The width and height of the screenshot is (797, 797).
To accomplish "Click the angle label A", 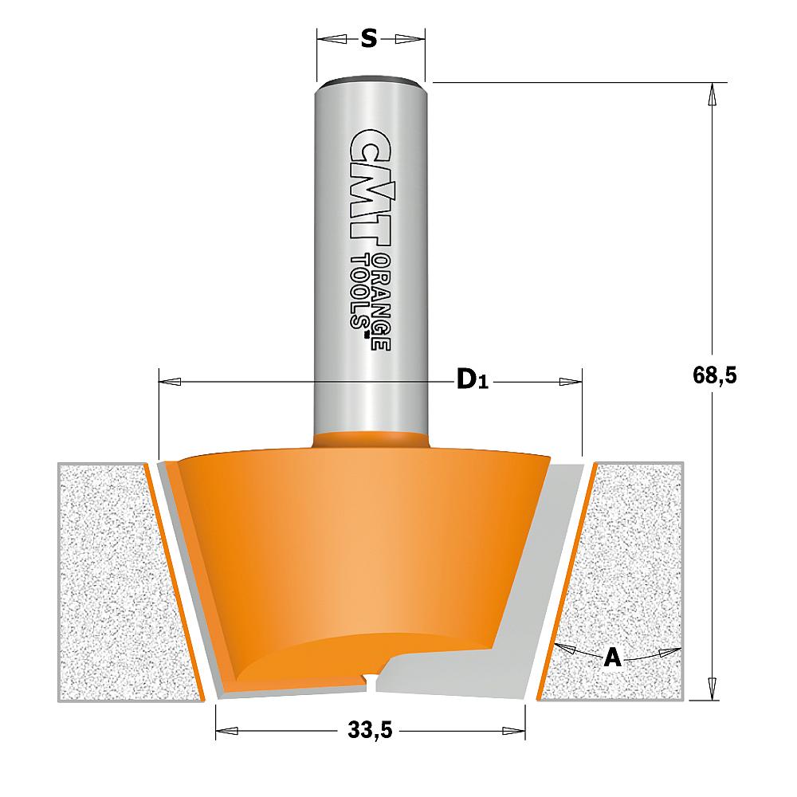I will [612, 658].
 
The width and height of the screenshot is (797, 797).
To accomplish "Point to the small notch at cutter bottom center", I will [370, 677].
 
